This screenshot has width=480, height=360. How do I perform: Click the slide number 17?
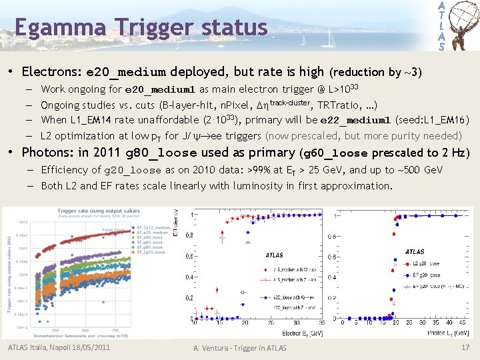pyautogui.click(x=465, y=347)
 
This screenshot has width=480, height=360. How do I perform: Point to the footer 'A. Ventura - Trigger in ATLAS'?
pyautogui.click(x=239, y=348)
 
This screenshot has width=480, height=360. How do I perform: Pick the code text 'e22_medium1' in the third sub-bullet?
pyautogui.click(x=355, y=121)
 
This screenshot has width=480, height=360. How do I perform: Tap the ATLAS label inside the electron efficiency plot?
pyautogui.click(x=274, y=255)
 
